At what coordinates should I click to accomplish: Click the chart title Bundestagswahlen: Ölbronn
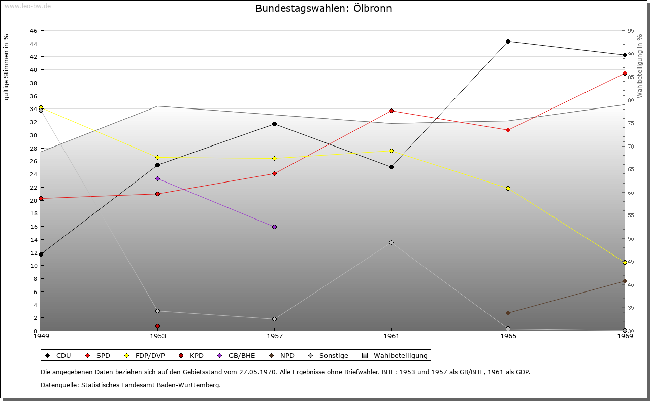pyautogui.click(x=323, y=9)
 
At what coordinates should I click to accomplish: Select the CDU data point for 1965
pyautogui.click(x=508, y=42)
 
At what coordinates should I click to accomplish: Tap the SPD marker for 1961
pyautogui.click(x=391, y=111)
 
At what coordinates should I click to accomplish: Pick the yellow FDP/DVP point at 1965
pyautogui.click(x=508, y=188)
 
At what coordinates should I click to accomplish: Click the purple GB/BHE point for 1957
pyautogui.click(x=274, y=227)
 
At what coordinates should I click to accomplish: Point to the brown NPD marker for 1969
pyautogui.click(x=625, y=281)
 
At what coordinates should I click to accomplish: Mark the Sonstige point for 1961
pyautogui.click(x=391, y=242)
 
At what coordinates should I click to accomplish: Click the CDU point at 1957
pyautogui.click(x=274, y=124)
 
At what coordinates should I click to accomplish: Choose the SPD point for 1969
pyautogui.click(x=625, y=74)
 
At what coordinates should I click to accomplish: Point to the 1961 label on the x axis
pyautogui.click(x=391, y=336)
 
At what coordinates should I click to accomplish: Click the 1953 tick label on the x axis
pyautogui.click(x=157, y=336)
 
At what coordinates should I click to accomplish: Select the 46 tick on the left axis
pyautogui.click(x=33, y=31)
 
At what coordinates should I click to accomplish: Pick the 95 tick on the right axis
pyautogui.click(x=631, y=31)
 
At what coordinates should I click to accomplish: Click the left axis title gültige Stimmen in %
pyautogui.click(x=7, y=67)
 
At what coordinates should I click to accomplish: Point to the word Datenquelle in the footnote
pyautogui.click(x=58, y=385)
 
